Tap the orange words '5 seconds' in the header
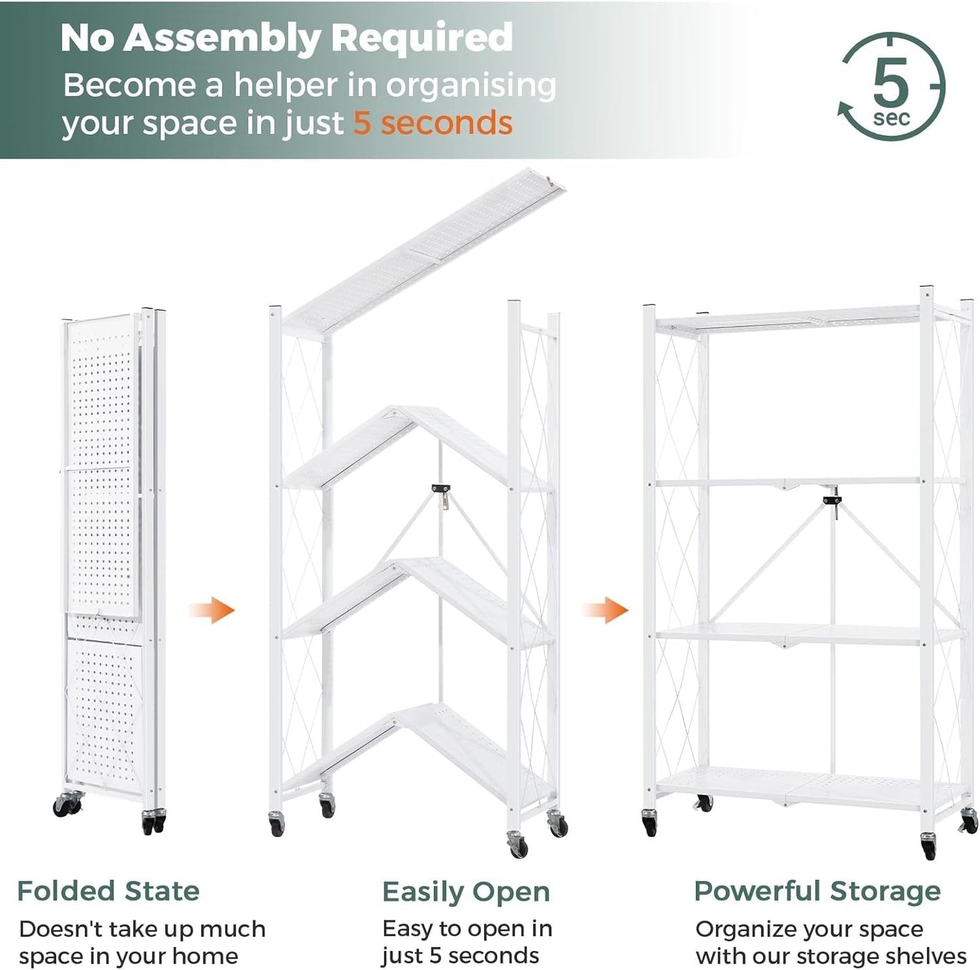(x=433, y=123)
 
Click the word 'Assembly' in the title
(x=220, y=38)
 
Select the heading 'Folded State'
(x=109, y=891)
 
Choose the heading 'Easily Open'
(x=466, y=892)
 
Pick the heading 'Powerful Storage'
(x=817, y=891)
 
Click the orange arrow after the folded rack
(x=212, y=609)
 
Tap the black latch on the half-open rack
(x=441, y=489)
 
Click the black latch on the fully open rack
(x=832, y=500)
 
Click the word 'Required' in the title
(x=422, y=38)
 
